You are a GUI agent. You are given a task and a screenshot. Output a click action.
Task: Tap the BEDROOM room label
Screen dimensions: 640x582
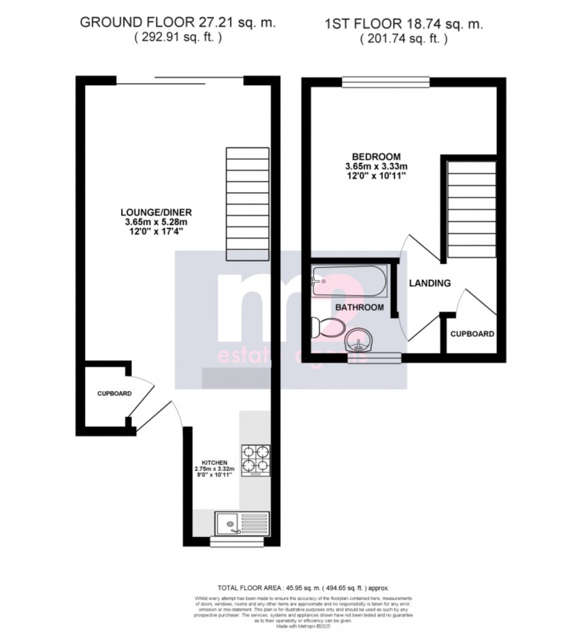coord(376,156)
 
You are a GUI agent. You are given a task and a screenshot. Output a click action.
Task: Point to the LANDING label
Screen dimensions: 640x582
coord(430,283)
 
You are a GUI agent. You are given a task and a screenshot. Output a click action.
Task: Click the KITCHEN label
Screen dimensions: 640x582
coord(213,462)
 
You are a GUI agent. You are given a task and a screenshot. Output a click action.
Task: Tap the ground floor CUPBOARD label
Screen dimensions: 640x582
coord(114,394)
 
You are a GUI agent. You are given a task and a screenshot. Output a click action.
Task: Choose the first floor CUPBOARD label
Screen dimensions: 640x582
coord(472,335)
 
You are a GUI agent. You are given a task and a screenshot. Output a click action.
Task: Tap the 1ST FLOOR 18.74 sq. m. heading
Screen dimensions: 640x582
coord(404,25)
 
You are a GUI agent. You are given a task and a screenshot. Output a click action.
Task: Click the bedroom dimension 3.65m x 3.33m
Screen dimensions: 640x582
coord(376,166)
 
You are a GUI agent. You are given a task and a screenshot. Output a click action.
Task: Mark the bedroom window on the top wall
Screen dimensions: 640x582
coord(385,82)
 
